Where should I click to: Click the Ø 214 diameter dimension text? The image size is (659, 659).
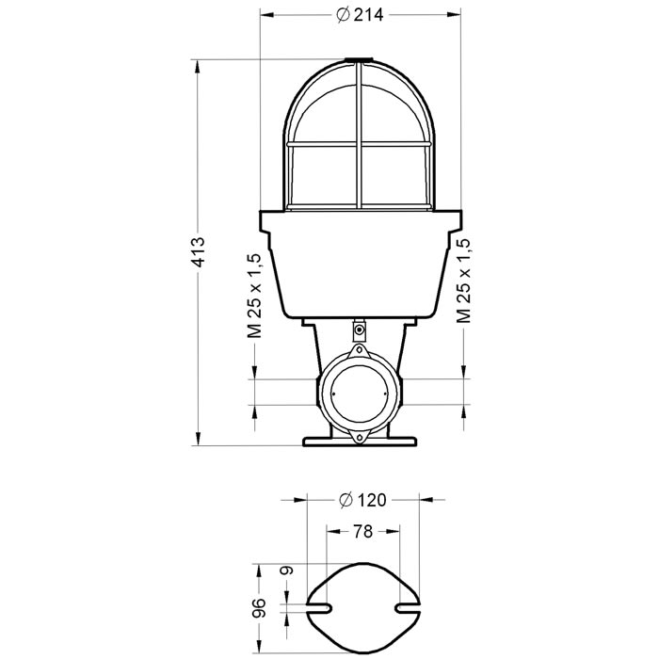coord(362,14)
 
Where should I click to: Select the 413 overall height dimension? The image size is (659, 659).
coord(198,253)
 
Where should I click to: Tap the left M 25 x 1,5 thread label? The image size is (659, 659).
coord(254,294)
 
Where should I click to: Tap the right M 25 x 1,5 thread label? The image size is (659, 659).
coord(463,280)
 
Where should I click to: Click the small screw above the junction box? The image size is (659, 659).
coord(360,329)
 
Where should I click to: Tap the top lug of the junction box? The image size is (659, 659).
coord(359,349)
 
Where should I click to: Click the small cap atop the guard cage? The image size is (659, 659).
coord(360,63)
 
